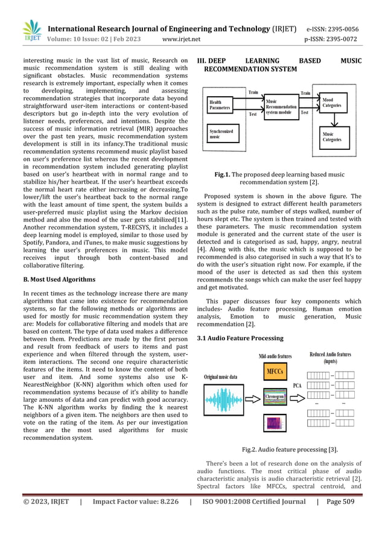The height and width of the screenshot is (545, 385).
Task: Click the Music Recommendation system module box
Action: click(x=281, y=106)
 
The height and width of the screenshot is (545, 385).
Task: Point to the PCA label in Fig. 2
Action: click(x=297, y=384)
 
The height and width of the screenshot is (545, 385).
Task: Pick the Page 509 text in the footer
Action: click(x=339, y=518)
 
